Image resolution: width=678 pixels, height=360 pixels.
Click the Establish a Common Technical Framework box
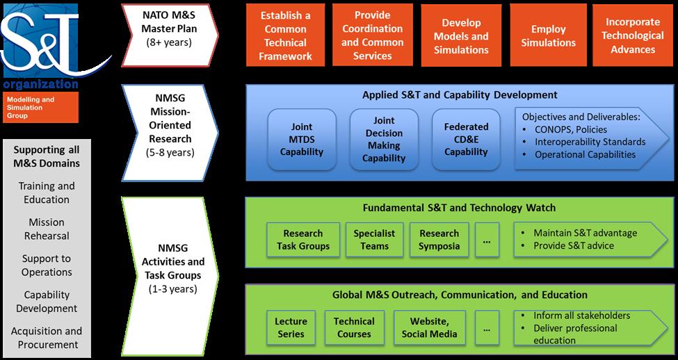click(x=285, y=35)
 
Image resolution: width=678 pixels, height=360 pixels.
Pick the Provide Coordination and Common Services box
click(x=373, y=35)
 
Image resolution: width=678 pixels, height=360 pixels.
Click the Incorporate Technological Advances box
click(x=633, y=35)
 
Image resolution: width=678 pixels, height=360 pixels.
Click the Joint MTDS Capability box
click(x=302, y=139)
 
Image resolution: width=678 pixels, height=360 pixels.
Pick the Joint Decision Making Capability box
click(x=384, y=139)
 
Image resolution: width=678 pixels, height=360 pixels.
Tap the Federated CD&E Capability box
click(x=466, y=139)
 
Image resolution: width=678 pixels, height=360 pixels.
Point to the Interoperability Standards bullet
click(x=590, y=142)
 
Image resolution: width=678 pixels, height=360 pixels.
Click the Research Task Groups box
click(x=303, y=240)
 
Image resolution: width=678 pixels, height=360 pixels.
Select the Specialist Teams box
click(x=374, y=240)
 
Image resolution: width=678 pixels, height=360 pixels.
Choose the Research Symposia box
click(x=439, y=240)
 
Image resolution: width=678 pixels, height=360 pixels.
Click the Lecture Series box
click(x=291, y=327)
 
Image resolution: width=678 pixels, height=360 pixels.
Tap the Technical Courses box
click(x=354, y=327)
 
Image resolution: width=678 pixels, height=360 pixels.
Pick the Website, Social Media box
click(x=429, y=327)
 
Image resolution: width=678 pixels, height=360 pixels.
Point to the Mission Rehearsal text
click(x=47, y=229)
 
